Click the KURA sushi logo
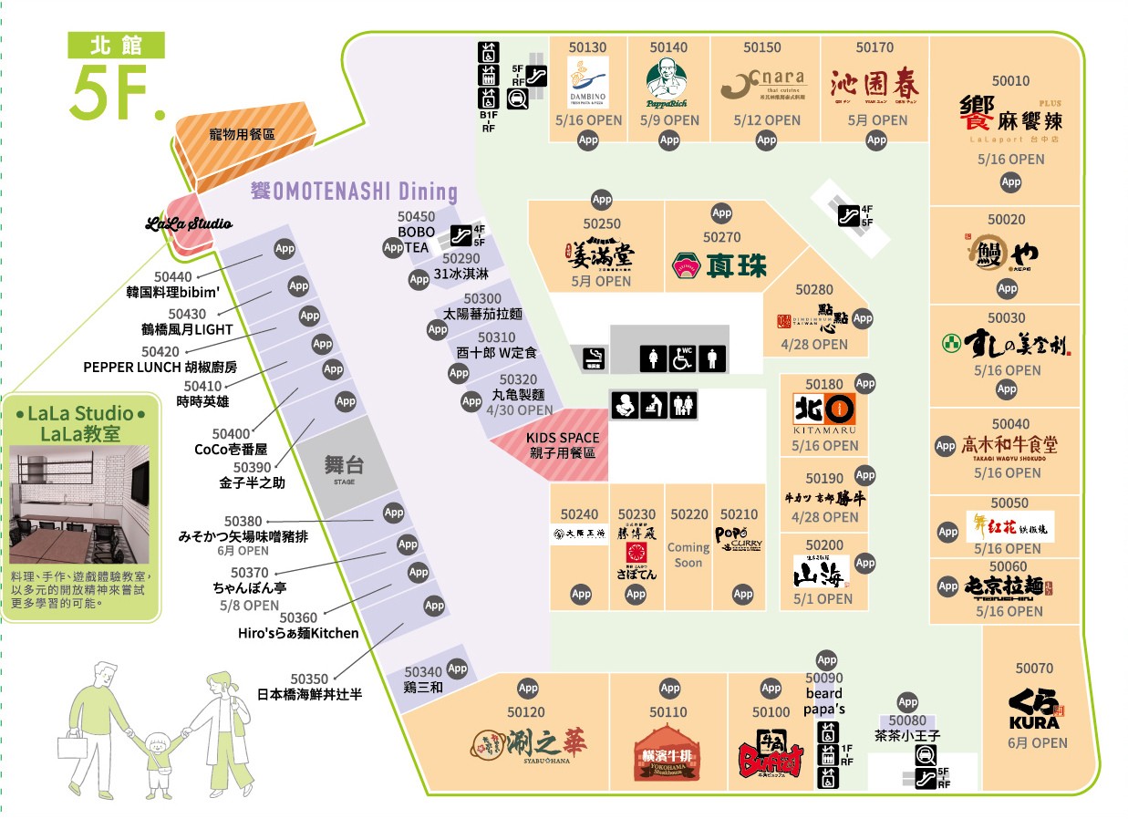[x=1034, y=710]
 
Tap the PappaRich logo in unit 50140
[x=668, y=82]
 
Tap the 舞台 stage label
[x=344, y=465]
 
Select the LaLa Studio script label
[x=190, y=223]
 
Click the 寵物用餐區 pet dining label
[x=242, y=134]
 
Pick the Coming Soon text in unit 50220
[x=688, y=555]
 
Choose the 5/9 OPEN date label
[x=668, y=119]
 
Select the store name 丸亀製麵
[x=518, y=395]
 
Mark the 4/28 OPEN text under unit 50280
[x=813, y=345]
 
